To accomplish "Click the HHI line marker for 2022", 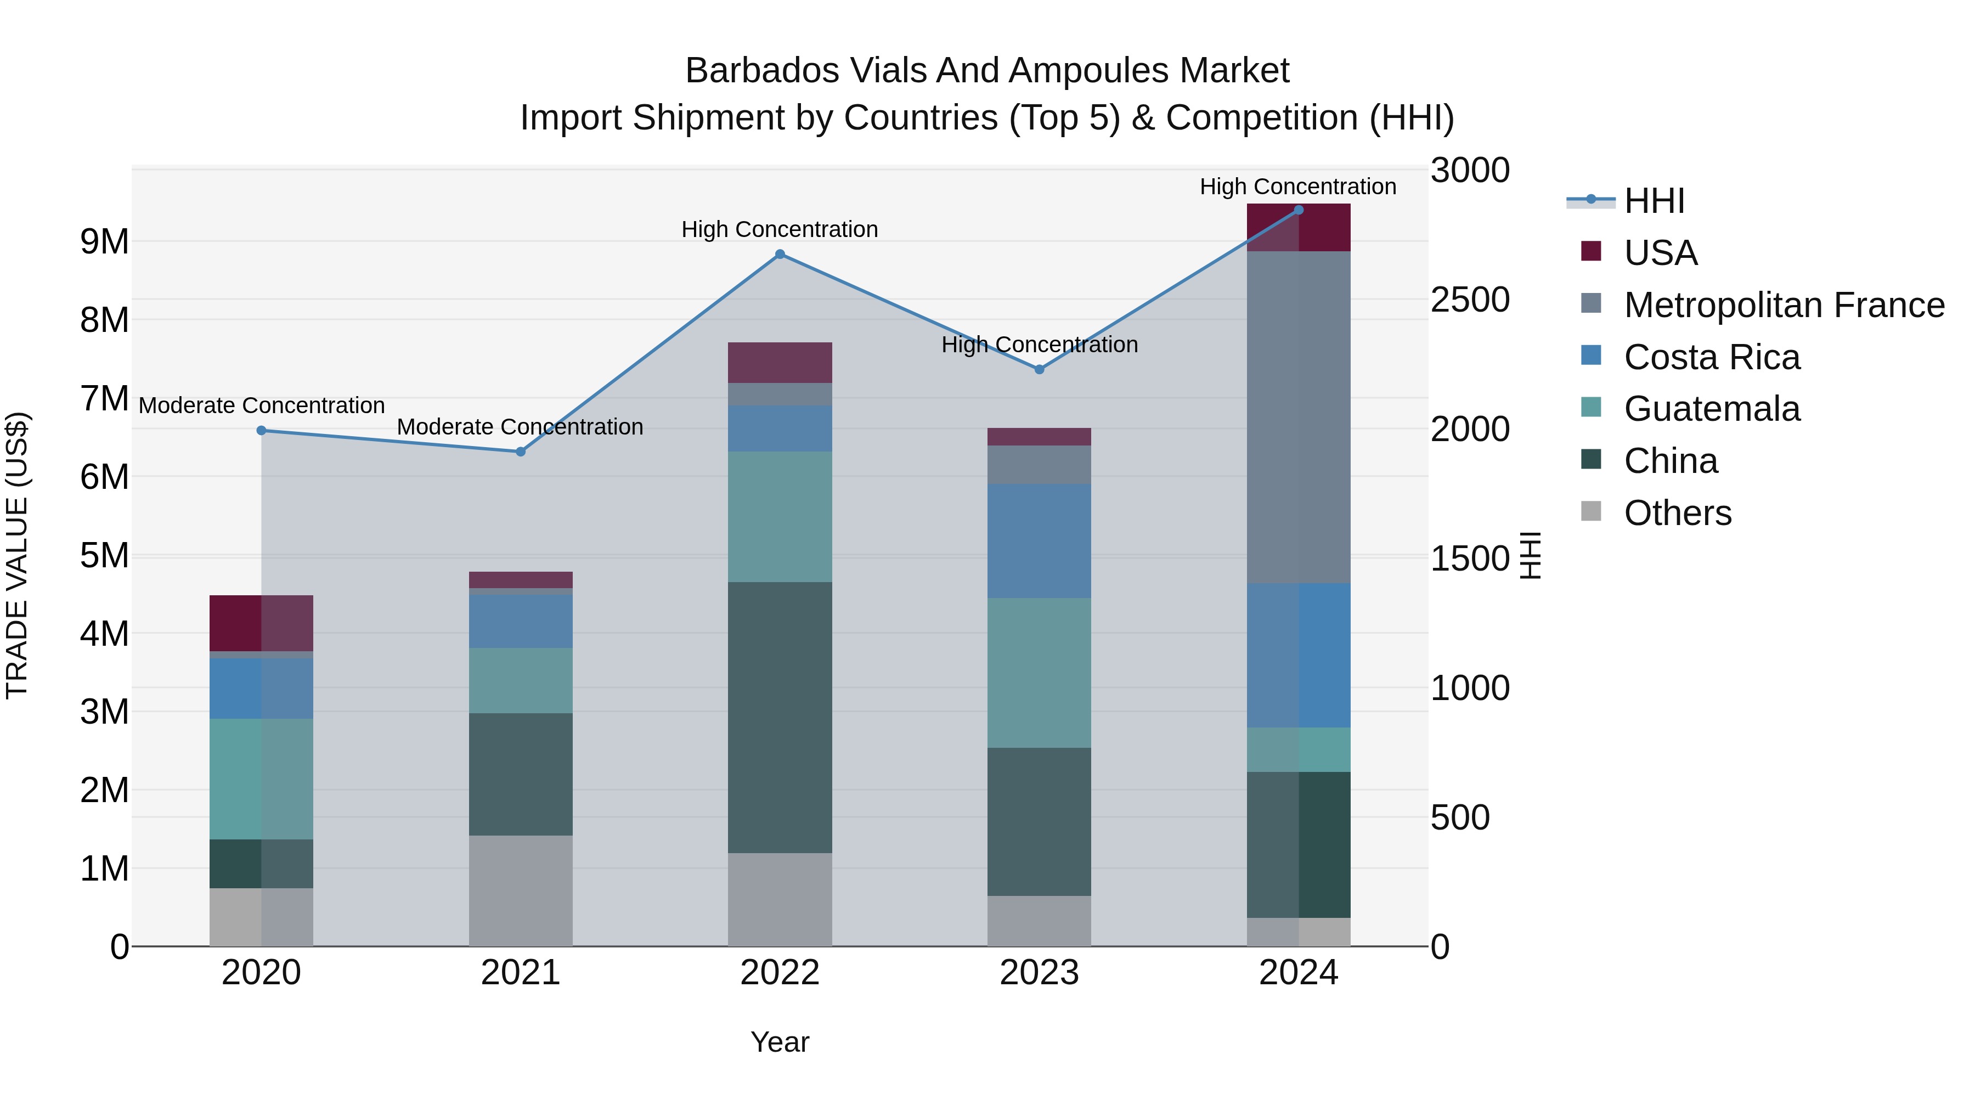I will tap(780, 255).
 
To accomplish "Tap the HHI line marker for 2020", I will tap(262, 431).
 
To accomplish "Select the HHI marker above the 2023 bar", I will tap(1040, 370).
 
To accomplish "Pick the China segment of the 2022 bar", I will tap(780, 718).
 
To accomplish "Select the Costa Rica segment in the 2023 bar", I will tap(1040, 542).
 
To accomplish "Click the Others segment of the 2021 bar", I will tap(521, 891).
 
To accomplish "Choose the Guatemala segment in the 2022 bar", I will tap(780, 517).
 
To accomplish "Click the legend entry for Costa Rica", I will tap(1711, 357).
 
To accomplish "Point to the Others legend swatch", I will tap(1591, 511).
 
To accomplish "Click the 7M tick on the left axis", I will tap(104, 399).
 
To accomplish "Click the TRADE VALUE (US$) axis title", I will tap(18, 555).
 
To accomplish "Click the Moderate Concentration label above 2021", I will tap(520, 427).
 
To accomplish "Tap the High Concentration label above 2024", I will tap(1298, 187).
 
